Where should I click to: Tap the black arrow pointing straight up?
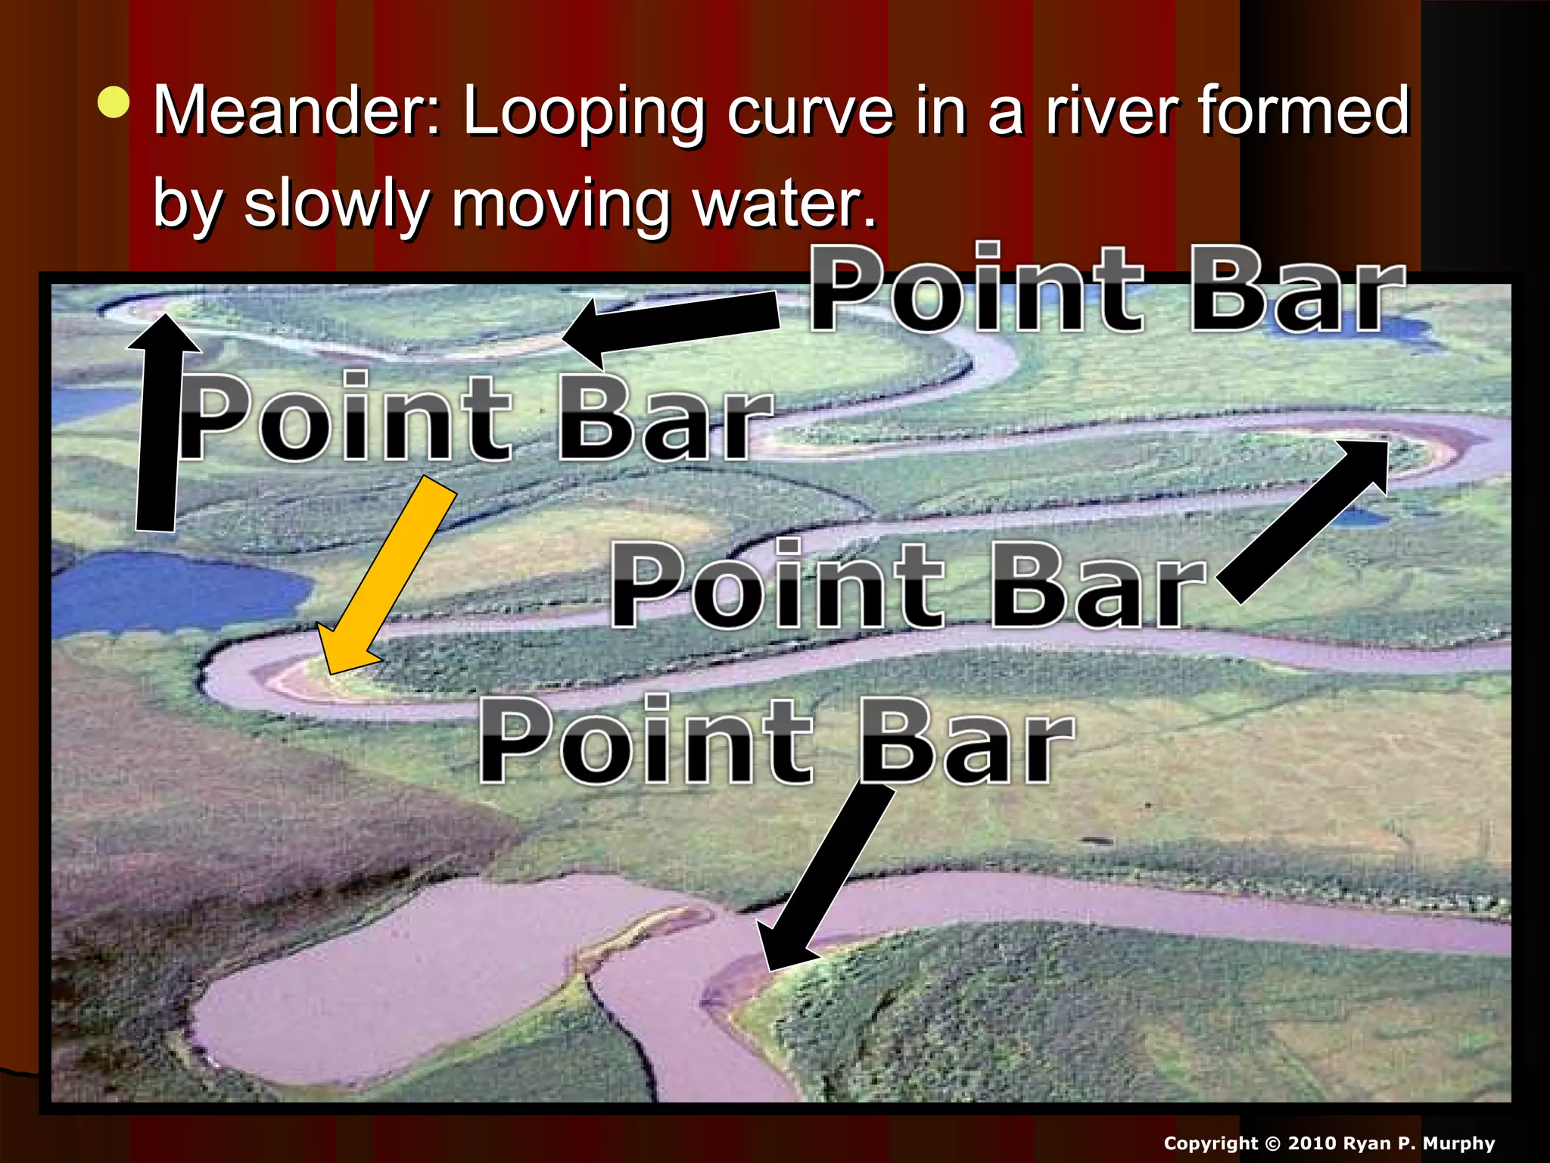click(x=160, y=424)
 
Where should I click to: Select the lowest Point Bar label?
click(x=776, y=740)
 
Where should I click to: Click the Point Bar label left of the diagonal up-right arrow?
click(x=908, y=585)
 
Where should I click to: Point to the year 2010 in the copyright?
click(x=1312, y=1143)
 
